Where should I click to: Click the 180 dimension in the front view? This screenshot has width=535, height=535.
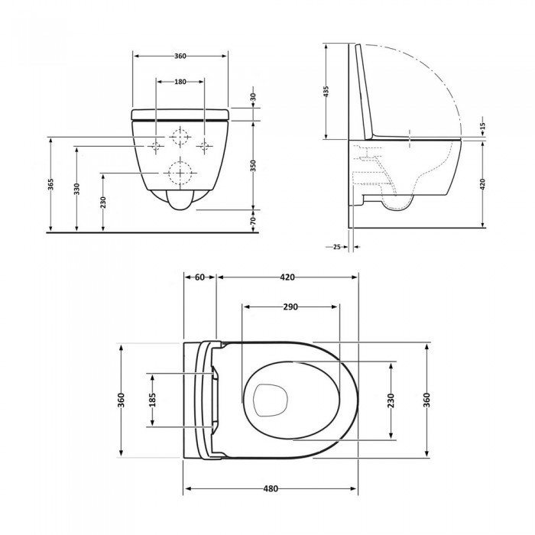coord(180,82)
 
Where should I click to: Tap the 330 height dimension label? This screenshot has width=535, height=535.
coord(77,189)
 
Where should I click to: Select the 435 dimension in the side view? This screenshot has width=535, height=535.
coord(326,92)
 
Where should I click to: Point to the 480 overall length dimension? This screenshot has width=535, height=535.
coord(271,489)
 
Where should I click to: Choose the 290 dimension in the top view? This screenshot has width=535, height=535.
coord(290,307)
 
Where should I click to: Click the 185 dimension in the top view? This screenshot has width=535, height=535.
coord(152,400)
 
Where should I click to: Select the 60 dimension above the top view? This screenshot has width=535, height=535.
coord(199,278)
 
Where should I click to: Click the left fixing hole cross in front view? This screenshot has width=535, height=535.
coord(157,145)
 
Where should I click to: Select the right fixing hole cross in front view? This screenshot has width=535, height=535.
coord(204,145)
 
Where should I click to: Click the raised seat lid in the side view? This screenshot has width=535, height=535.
coord(365,92)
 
